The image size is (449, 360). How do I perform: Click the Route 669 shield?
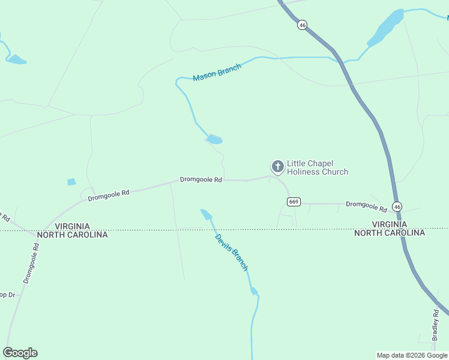294,202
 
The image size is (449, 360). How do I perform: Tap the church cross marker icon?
278,166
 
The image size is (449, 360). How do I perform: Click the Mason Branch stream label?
217,73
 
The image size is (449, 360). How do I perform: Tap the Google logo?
20,353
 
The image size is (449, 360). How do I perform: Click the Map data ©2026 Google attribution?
412,355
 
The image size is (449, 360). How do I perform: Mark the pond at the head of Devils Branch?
206,214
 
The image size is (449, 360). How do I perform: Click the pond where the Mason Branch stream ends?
214,140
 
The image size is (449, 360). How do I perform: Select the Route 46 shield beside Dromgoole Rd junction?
398,206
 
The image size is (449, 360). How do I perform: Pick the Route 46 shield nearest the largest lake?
302,25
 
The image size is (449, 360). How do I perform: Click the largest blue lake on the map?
385,28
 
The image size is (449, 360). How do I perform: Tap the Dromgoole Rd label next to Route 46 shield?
366,206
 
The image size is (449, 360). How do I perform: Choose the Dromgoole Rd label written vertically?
31,259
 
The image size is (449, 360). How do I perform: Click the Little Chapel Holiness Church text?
318,167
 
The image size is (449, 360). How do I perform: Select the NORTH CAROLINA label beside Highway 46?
390,233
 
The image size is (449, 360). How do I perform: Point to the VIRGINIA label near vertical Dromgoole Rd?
72,226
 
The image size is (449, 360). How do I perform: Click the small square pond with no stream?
71,182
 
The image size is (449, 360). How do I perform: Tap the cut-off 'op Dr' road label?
7,295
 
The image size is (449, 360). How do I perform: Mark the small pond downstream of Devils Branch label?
254,292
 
